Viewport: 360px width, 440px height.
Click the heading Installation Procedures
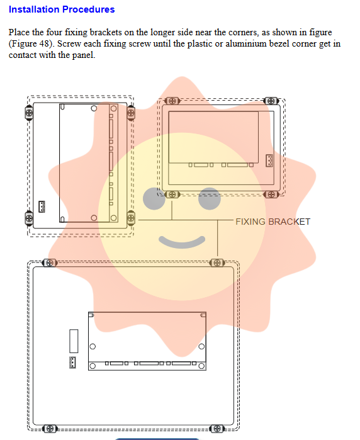(62, 9)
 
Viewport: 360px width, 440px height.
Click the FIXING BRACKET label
(273, 222)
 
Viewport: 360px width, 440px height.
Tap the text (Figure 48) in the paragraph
(31, 44)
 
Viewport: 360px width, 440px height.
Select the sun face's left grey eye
(154, 198)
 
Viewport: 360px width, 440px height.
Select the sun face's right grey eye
(210, 198)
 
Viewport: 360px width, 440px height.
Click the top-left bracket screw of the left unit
(29, 113)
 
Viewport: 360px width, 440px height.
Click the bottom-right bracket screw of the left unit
(131, 218)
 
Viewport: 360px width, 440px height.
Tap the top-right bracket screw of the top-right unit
(271, 101)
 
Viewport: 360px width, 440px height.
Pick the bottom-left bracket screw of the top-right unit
(172, 194)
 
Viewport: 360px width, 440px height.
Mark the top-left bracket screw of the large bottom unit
(50, 263)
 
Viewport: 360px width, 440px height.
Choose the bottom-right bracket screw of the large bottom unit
(217, 429)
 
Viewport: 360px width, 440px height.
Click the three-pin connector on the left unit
(42, 206)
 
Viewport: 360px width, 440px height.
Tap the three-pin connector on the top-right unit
(269, 161)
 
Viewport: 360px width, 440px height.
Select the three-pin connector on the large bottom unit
(72, 363)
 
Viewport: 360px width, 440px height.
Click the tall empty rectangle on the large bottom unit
(74, 341)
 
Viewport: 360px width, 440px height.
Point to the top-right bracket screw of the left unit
(131, 113)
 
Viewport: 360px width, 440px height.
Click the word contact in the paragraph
(23, 55)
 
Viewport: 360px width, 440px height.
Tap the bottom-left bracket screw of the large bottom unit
(50, 429)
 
